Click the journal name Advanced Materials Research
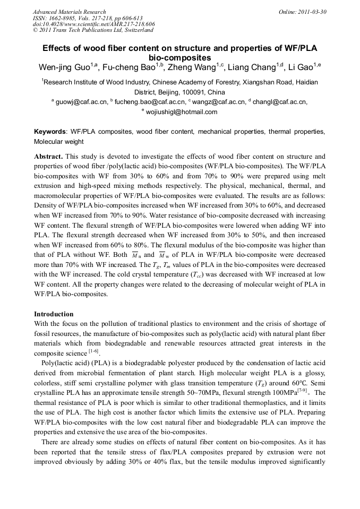tap(69, 12)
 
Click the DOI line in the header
tap(93, 24)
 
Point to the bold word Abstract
tap(48, 157)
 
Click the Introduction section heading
tap(54, 314)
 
